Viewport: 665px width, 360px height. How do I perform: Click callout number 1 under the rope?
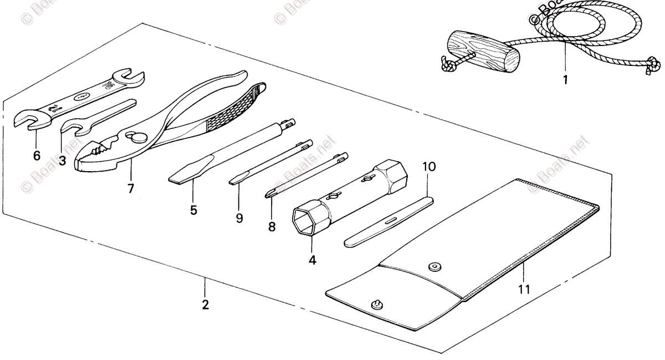pyautogui.click(x=565, y=80)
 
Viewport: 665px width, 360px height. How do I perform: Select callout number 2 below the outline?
pyautogui.click(x=205, y=304)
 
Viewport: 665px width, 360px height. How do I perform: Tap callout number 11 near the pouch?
pyautogui.click(x=524, y=289)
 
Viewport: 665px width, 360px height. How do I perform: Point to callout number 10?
pyautogui.click(x=429, y=166)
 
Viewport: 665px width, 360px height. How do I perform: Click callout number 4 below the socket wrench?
pyautogui.click(x=313, y=259)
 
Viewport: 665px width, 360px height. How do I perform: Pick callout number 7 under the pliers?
pyautogui.click(x=131, y=188)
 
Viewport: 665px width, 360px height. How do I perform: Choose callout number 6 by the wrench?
pyautogui.click(x=37, y=156)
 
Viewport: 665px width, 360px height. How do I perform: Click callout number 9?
pyautogui.click(x=239, y=218)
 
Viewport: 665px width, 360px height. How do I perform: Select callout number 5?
pyautogui.click(x=193, y=210)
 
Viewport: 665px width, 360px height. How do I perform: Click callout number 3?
pyautogui.click(x=62, y=161)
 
